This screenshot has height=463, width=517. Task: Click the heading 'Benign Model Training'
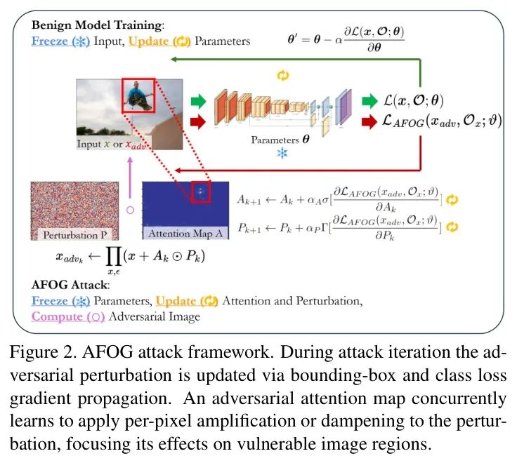tap(98, 25)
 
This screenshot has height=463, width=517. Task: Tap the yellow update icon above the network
tap(282, 75)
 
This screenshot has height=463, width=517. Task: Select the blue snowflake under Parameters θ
tap(282, 154)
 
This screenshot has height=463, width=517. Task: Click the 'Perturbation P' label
tap(75, 235)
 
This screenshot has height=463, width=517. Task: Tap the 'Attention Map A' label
tap(185, 234)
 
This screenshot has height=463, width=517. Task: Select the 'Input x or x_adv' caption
tap(112, 145)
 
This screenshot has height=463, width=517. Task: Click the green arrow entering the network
tap(199, 101)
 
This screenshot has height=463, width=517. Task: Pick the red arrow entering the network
tap(198, 122)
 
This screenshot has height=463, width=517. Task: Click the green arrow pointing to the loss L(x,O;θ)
tap(369, 101)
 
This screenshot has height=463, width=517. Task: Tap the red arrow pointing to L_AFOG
tap(369, 121)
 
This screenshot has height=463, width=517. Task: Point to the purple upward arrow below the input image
tap(130, 177)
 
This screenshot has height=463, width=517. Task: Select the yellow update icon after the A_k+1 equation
tap(452, 200)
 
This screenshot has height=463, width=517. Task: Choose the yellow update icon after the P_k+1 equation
tap(452, 227)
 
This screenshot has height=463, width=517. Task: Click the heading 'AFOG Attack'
tap(70, 285)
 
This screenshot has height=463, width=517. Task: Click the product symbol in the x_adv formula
tap(114, 257)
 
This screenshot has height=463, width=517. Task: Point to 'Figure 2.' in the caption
tap(43, 353)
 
